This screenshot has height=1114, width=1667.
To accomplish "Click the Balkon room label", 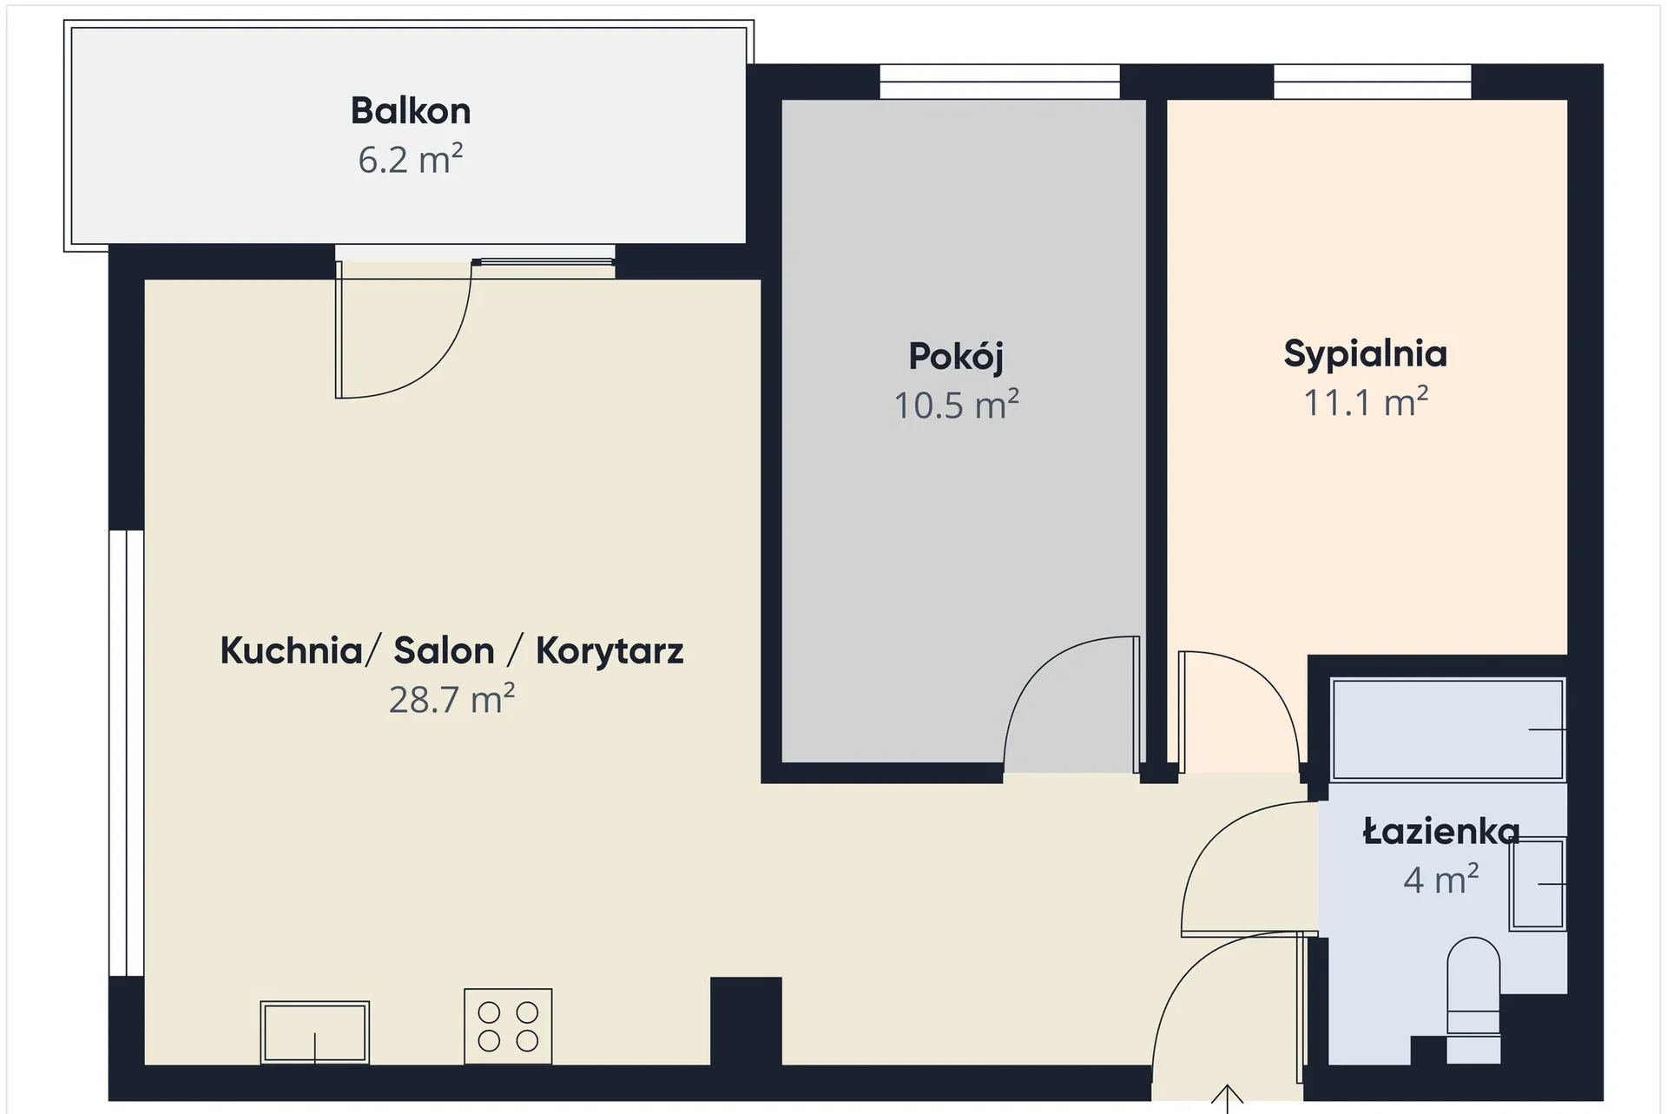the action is point(411,111).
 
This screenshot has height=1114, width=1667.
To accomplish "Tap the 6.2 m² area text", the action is point(411,160).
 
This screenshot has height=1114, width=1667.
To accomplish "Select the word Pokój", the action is point(956,357).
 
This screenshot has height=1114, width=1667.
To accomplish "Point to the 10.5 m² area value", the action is point(956,405).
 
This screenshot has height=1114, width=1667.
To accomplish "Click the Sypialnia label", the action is point(1366,354).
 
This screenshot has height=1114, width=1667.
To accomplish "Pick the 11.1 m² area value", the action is point(1366,403).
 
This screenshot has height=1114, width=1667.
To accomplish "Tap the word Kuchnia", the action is point(291,650).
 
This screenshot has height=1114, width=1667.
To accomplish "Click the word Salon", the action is point(444,650).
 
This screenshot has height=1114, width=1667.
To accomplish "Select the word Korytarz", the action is point(609,651).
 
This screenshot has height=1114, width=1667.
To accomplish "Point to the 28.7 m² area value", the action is point(451,700).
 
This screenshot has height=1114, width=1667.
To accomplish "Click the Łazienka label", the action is point(1441,832).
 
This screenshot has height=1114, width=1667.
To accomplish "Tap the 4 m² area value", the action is point(1441,880).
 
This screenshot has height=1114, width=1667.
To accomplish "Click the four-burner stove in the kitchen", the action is point(508,1026).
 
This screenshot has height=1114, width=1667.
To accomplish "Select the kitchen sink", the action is point(315,1032).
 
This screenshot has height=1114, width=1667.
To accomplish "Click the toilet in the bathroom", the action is point(1473,999).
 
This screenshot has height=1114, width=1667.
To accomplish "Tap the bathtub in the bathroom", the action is point(1448,729).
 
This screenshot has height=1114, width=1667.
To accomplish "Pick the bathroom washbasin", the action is point(1538,884).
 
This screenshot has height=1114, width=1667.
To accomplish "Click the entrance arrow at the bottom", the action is point(1227,1098).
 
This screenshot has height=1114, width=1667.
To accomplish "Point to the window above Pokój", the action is point(999,82).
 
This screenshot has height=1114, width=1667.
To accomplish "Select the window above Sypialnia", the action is point(1373,82).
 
